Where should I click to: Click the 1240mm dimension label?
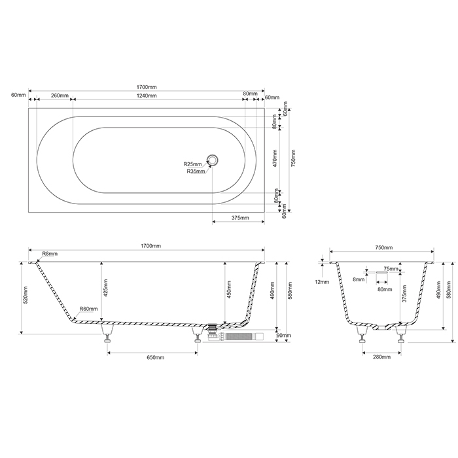[x=147, y=96]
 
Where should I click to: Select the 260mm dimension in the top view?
[x=60, y=96]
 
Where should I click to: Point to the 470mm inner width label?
[x=275, y=158]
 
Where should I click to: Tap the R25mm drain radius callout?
[x=192, y=164]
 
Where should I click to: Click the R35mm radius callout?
[x=196, y=171]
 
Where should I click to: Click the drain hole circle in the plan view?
[x=213, y=159]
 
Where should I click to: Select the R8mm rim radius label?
[x=50, y=253]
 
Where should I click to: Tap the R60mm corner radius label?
[x=88, y=309]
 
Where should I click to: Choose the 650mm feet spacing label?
[x=155, y=358]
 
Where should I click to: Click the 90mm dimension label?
[x=283, y=336]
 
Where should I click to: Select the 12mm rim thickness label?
[x=321, y=282]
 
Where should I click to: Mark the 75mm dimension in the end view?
[x=391, y=269]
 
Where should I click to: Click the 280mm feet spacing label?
[x=381, y=357]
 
